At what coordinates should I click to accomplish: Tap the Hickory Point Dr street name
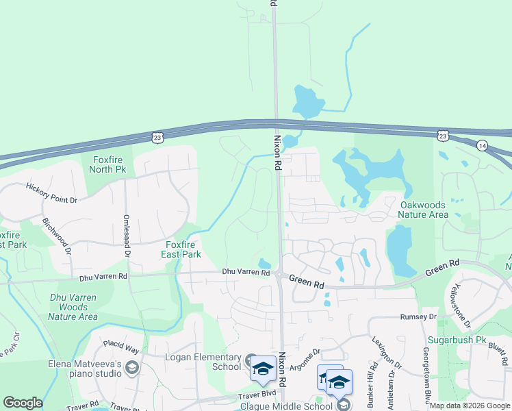click(x=52, y=192)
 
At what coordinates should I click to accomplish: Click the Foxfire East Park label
click(x=181, y=249)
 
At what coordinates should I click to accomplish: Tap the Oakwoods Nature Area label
click(x=423, y=210)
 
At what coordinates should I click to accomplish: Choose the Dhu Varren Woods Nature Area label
click(x=73, y=307)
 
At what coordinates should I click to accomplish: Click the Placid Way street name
click(x=121, y=349)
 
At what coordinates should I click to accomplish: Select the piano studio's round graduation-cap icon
click(x=131, y=369)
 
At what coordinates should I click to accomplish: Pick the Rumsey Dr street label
click(x=418, y=317)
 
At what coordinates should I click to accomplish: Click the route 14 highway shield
click(x=482, y=145)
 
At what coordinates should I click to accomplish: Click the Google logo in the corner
click(x=23, y=403)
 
